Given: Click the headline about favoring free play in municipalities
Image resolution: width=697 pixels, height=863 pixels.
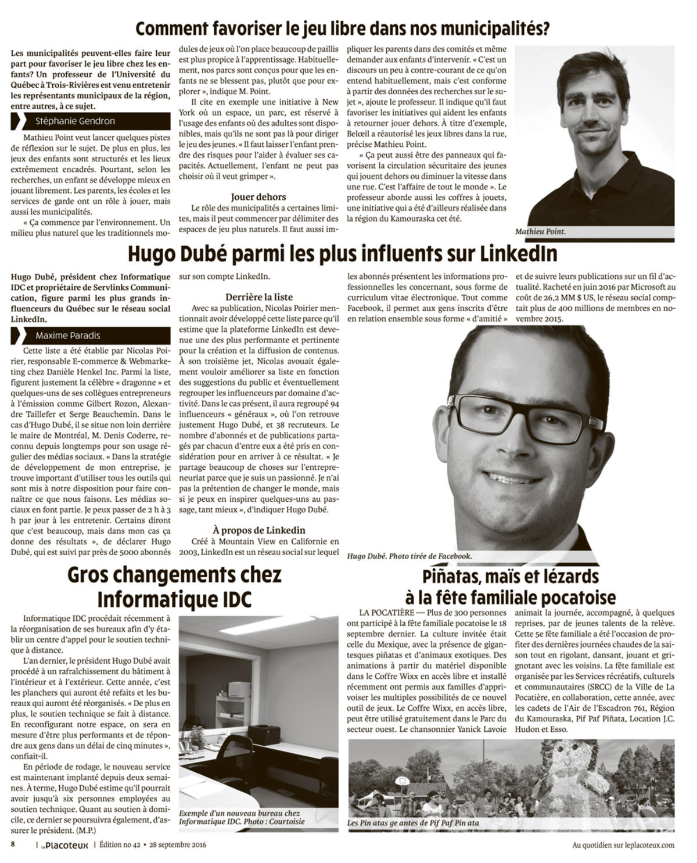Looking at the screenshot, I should coord(343,28).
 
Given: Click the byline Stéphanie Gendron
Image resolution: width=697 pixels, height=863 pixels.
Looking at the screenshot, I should coord(75,121).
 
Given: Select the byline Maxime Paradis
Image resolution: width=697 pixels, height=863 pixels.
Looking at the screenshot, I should coord(67,335).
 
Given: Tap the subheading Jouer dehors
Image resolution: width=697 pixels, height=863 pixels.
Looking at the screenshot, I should coord(258,197).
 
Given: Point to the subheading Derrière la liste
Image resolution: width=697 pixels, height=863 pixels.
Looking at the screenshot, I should coord(258,296).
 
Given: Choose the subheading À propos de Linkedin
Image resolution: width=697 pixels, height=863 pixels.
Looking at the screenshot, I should coord(258,530).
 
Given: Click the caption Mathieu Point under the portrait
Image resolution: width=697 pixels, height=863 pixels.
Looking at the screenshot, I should coord(540,232).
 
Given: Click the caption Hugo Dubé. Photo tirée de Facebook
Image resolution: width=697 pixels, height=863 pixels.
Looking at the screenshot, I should coord(409,556).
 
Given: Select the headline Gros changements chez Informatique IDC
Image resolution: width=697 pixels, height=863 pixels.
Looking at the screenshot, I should coord(174,587).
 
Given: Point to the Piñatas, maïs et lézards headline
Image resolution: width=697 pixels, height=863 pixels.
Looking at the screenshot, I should coord(511,587).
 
